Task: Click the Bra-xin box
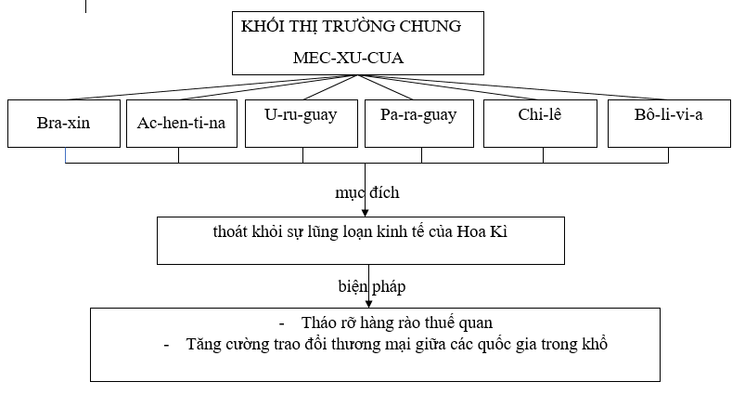[64, 124]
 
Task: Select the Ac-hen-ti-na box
[182, 124]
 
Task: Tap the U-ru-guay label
[301, 115]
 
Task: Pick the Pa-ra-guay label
[418, 115]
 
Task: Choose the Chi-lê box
[540, 124]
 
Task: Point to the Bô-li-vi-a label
[669, 114]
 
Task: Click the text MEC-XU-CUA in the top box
[348, 58]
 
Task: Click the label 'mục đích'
[367, 192]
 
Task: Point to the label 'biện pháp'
[372, 286]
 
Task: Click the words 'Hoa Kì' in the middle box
[482, 231]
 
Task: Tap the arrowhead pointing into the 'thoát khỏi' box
[365, 213]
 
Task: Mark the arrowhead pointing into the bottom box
[368, 304]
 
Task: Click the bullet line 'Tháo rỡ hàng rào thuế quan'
[397, 323]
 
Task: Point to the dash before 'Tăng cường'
[166, 345]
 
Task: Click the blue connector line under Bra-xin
[66, 155]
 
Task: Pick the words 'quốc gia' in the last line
[507, 344]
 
